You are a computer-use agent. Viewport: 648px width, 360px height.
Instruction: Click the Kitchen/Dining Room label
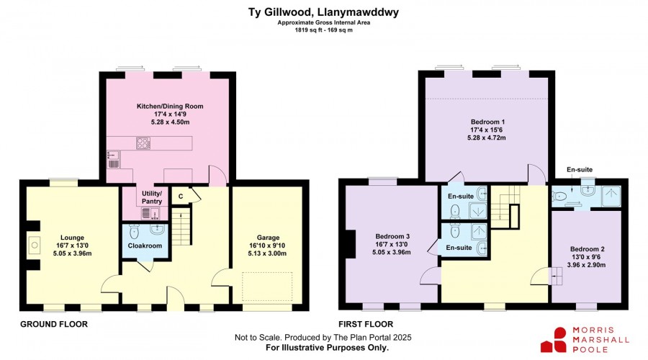coord(170,107)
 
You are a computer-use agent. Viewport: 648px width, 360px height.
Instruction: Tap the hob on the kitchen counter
coord(143,143)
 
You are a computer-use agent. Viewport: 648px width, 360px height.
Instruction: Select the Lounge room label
coord(72,238)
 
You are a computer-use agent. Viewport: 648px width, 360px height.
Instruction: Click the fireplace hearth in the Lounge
coord(35,245)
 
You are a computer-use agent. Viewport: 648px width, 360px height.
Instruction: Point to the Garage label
coord(268,238)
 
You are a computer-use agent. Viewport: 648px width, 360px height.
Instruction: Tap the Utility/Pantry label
coord(152,197)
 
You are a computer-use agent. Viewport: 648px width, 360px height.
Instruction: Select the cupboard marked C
coord(181,197)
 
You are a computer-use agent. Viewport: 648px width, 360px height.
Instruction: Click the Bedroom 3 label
coord(392,236)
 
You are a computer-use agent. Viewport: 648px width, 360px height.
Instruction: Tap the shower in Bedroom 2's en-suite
coord(611,197)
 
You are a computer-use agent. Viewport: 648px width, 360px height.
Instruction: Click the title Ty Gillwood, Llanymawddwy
coord(323,12)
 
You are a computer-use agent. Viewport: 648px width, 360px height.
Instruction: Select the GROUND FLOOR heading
coord(54,324)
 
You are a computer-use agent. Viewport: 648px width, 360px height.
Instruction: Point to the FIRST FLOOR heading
coord(366,324)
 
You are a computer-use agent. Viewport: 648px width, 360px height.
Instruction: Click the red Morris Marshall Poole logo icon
coord(554,340)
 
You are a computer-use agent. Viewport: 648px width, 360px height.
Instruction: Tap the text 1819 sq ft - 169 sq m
coord(323,30)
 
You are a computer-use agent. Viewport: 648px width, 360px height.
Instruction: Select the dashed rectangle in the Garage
coord(267,287)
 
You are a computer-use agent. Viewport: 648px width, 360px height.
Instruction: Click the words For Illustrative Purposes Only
coord(327,348)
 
